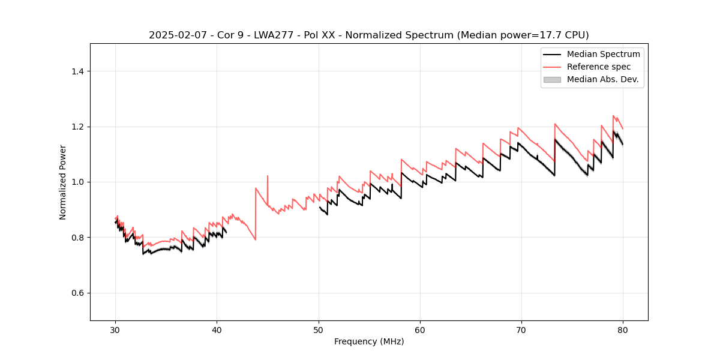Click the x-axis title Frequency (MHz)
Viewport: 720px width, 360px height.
(x=369, y=341)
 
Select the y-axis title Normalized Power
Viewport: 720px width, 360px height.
(x=63, y=182)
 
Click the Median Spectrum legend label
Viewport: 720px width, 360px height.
(x=603, y=54)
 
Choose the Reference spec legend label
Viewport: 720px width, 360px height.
(x=599, y=67)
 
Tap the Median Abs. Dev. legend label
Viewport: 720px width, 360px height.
(x=602, y=79)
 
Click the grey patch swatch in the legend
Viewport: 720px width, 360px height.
(x=552, y=79)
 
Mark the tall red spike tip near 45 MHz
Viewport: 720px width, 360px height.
(x=268, y=176)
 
